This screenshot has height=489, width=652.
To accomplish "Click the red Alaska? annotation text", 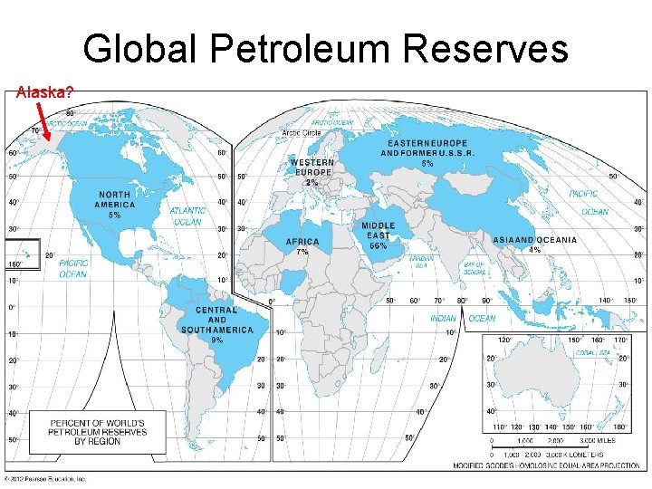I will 44,91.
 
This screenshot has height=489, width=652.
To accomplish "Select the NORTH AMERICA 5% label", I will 114,205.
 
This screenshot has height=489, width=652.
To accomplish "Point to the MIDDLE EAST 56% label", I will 378,235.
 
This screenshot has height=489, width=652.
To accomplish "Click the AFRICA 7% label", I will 302,246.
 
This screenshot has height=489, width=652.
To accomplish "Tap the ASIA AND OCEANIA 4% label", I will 534,244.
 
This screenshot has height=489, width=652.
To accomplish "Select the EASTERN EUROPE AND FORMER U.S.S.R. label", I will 427,153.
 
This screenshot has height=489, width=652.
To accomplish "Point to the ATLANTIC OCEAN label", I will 187,216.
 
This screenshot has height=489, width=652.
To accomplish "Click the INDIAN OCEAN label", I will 463,318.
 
